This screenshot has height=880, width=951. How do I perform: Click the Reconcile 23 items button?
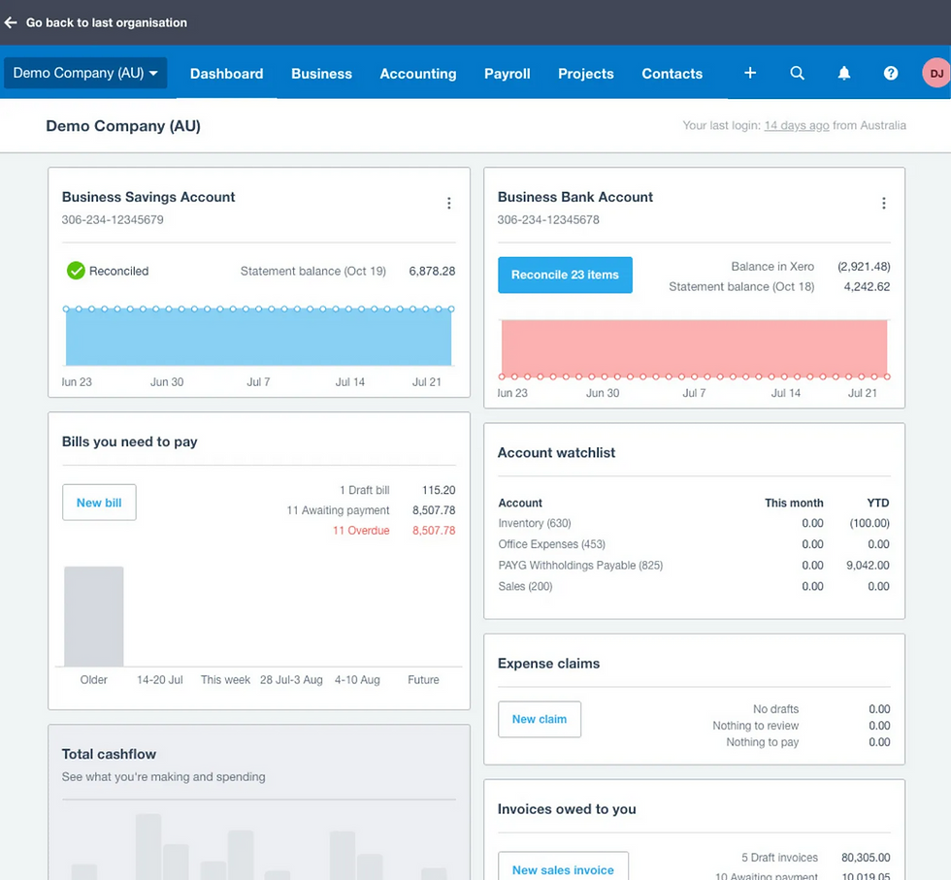(x=565, y=275)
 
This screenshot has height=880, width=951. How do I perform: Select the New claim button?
(x=539, y=719)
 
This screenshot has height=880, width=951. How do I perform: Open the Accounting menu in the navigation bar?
(x=417, y=74)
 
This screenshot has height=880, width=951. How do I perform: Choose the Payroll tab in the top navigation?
(x=507, y=74)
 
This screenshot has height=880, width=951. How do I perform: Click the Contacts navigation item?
(x=672, y=74)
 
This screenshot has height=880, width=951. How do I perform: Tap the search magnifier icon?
(x=797, y=73)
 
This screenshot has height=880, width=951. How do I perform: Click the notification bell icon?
(x=844, y=73)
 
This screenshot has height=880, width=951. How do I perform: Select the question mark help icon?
(x=891, y=73)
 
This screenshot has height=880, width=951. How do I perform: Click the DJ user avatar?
(x=935, y=73)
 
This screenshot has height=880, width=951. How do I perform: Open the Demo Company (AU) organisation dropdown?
(x=85, y=74)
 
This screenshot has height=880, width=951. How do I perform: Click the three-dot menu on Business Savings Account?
(x=448, y=203)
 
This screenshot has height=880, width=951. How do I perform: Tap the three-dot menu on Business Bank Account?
(x=883, y=203)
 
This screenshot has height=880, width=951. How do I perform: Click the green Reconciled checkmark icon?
(x=76, y=271)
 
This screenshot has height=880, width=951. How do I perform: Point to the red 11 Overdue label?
(x=361, y=531)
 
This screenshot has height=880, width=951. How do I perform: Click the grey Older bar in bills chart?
(x=94, y=616)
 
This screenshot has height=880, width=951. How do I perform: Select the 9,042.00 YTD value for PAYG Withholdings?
(x=868, y=566)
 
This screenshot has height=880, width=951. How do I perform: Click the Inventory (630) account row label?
(x=535, y=524)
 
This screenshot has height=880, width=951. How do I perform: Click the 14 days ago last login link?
(x=796, y=125)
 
